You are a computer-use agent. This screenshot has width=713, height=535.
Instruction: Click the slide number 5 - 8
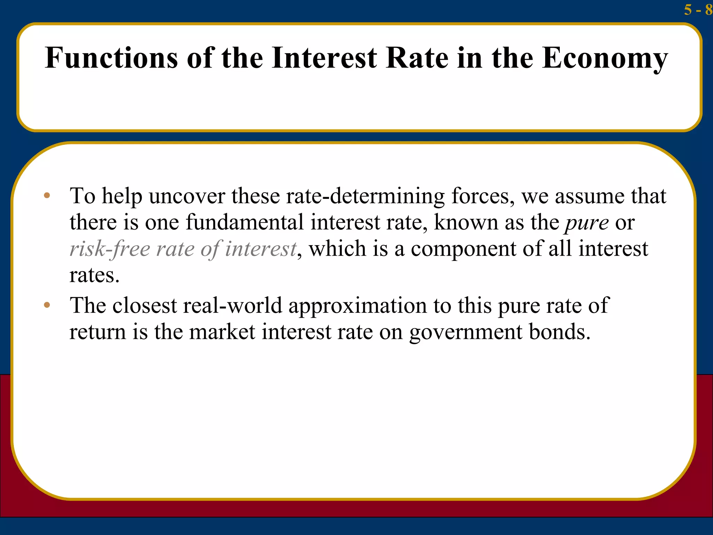point(698,10)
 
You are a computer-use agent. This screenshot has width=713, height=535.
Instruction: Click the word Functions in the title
point(111,58)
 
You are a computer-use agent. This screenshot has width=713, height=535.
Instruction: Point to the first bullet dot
point(47,195)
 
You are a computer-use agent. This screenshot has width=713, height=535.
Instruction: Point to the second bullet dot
point(47,305)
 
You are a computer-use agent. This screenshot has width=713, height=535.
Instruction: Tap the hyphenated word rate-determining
point(365,196)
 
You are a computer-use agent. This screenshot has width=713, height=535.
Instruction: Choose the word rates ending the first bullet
point(94,276)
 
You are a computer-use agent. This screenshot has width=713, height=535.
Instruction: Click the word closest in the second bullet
point(144,305)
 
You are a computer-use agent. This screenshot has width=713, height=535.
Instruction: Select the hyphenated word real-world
point(233,305)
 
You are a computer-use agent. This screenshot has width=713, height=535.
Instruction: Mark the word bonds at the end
point(559,332)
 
